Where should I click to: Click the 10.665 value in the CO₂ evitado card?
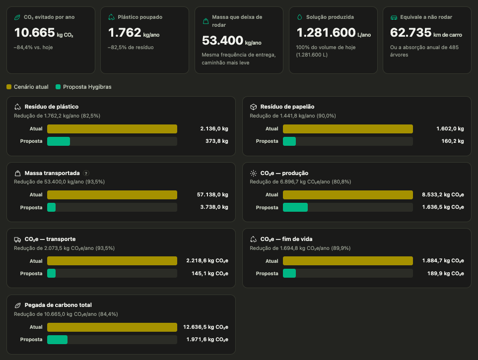34,33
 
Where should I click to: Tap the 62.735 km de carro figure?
426,33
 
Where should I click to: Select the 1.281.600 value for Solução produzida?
326,33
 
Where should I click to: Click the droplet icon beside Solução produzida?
299,17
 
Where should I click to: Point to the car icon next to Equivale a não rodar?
394,17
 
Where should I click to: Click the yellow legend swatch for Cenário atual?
9,87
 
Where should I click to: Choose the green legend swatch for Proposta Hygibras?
58,87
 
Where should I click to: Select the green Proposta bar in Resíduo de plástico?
59,141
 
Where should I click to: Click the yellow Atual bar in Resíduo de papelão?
348,129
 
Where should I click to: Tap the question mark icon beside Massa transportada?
86,173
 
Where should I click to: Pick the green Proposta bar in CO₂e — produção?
295,207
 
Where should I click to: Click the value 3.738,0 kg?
214,207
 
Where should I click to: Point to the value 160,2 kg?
452,141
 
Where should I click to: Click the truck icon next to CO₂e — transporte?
17,240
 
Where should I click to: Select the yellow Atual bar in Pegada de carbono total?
112,327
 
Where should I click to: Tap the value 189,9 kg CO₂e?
445,274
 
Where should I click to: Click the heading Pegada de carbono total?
58,305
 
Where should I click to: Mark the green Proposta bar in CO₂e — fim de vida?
289,273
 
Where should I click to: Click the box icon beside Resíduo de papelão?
253,107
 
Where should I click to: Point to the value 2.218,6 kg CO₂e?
207,261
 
